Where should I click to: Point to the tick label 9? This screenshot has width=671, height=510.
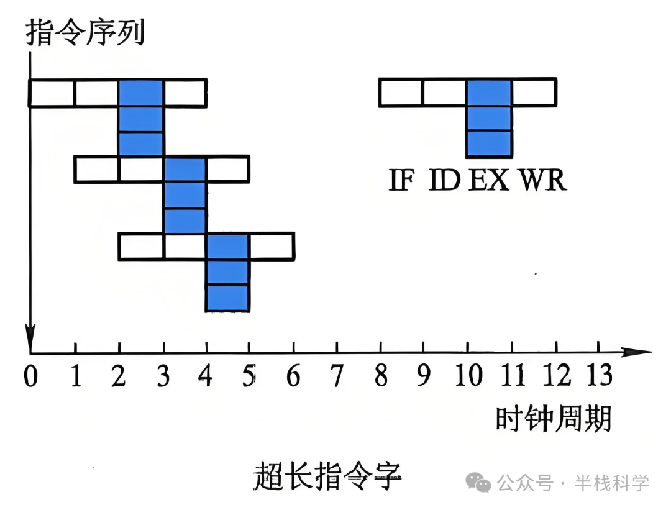tap(424, 376)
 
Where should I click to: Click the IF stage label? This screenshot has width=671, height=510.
tap(401, 180)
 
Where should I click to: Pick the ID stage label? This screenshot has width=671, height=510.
tap(444, 180)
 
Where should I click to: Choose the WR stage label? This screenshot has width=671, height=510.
tap(543, 180)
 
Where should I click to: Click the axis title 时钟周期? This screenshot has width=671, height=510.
tap(553, 419)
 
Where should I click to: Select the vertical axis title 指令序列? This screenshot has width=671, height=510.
tap(85, 32)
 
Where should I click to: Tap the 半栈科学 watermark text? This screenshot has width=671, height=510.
tap(611, 482)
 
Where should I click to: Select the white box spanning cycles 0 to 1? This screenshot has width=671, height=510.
tap(52, 93)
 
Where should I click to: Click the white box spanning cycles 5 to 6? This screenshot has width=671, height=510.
tap(271, 246)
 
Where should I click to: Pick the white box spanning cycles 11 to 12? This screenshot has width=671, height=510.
tap(534, 93)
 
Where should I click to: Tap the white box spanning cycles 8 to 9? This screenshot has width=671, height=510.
tap(401, 93)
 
